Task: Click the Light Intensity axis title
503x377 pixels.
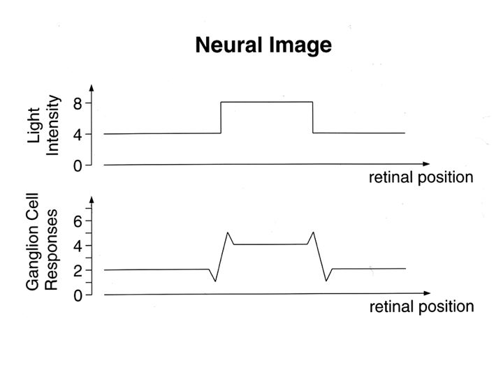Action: (x=43, y=126)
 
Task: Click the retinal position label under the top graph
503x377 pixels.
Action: (x=421, y=177)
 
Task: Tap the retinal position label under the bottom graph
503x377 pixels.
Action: (x=421, y=306)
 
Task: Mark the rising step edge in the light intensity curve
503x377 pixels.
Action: (x=221, y=117)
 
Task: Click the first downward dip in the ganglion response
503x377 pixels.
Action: (x=215, y=281)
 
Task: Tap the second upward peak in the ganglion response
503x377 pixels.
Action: (x=313, y=232)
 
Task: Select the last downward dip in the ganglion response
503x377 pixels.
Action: (x=326, y=281)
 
